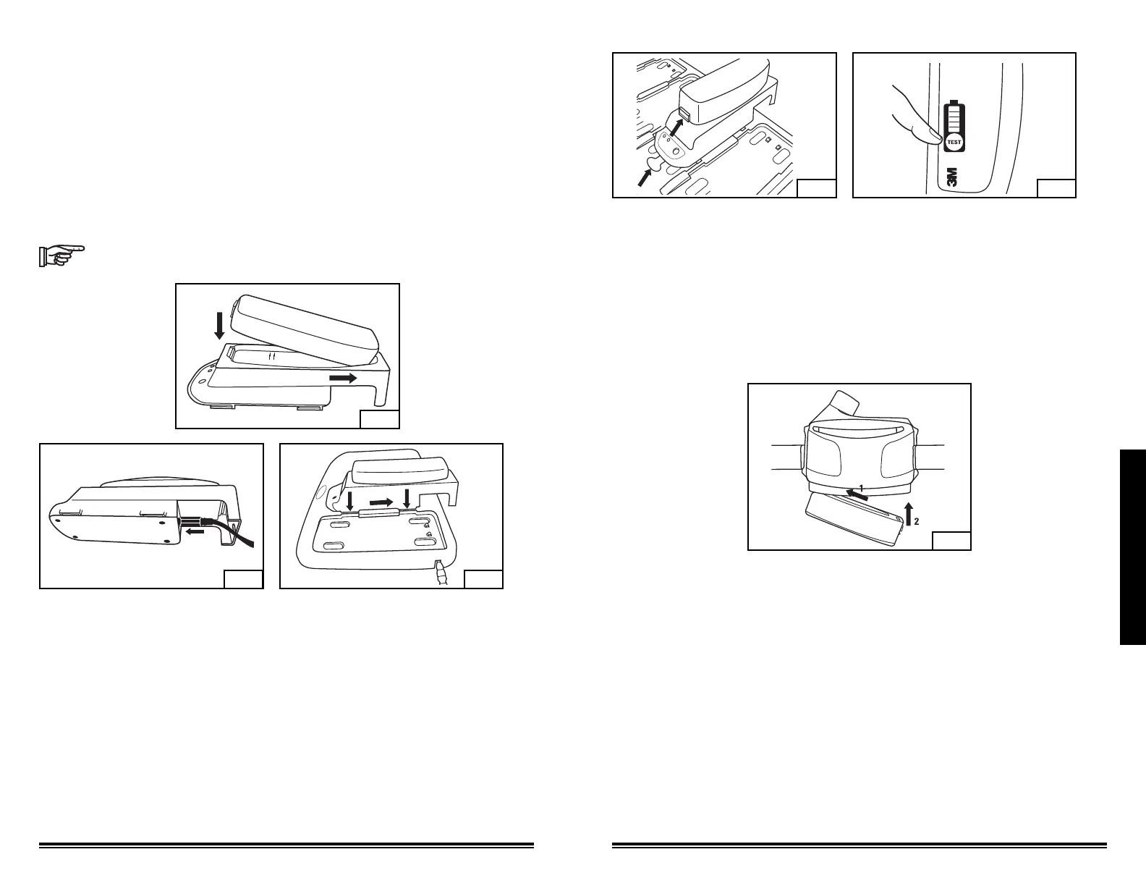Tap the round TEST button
pyautogui.click(x=954, y=143)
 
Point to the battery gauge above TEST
pyautogui.click(x=954, y=116)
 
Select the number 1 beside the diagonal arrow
pyautogui.click(x=861, y=489)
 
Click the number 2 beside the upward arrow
pyautogui.click(x=915, y=521)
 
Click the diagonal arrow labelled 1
pyautogui.click(x=857, y=495)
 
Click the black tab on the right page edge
pyautogui.click(x=1132, y=547)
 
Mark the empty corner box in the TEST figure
pyautogui.click(x=1056, y=187)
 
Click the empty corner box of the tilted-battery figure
pyautogui.click(x=379, y=418)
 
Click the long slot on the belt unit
pyautogui.click(x=858, y=429)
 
